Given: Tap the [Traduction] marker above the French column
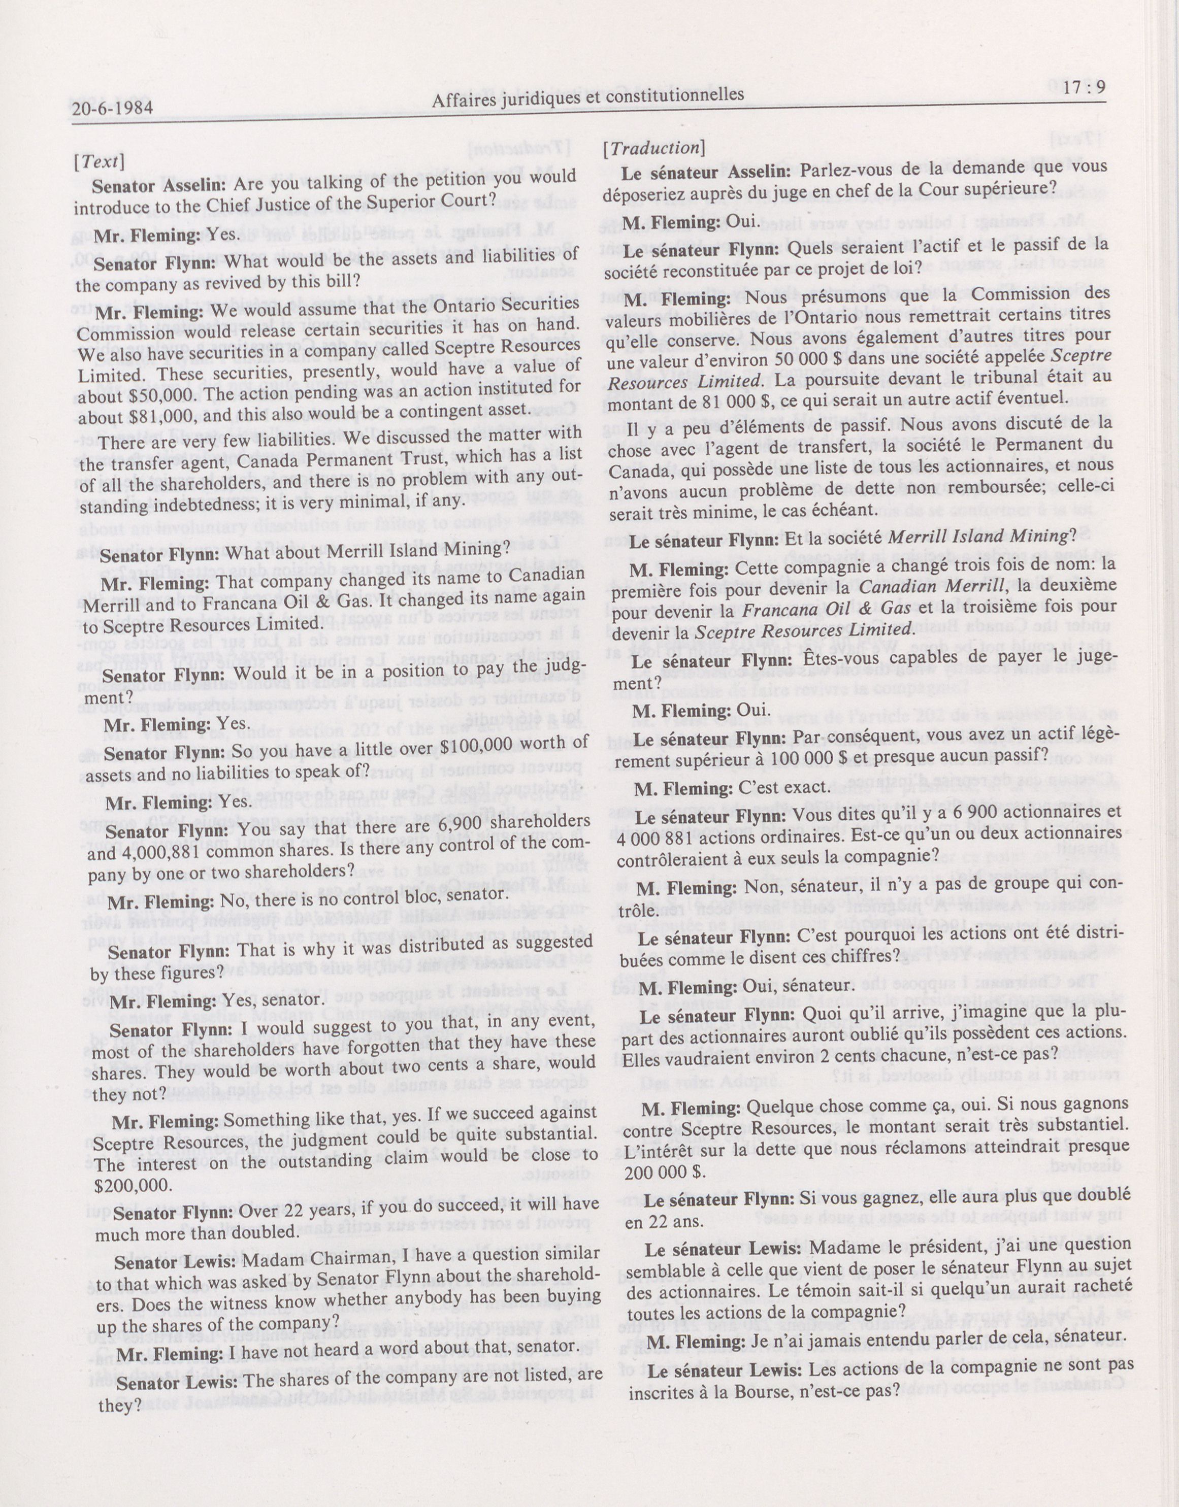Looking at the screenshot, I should pyautogui.click(x=653, y=147).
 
